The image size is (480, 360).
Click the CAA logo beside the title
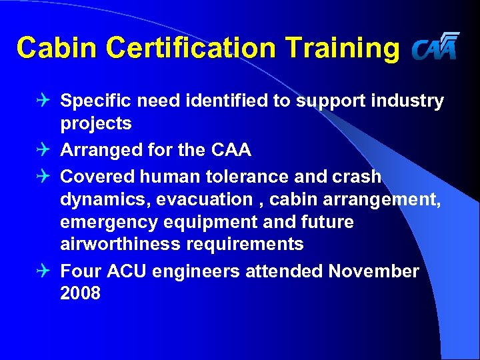click(x=435, y=47)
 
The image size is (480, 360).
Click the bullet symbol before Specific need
click(x=45, y=101)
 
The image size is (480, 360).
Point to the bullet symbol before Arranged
click(x=45, y=150)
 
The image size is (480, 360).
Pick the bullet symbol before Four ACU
click(x=45, y=271)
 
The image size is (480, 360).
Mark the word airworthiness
click(x=119, y=244)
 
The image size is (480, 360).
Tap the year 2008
click(x=80, y=293)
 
